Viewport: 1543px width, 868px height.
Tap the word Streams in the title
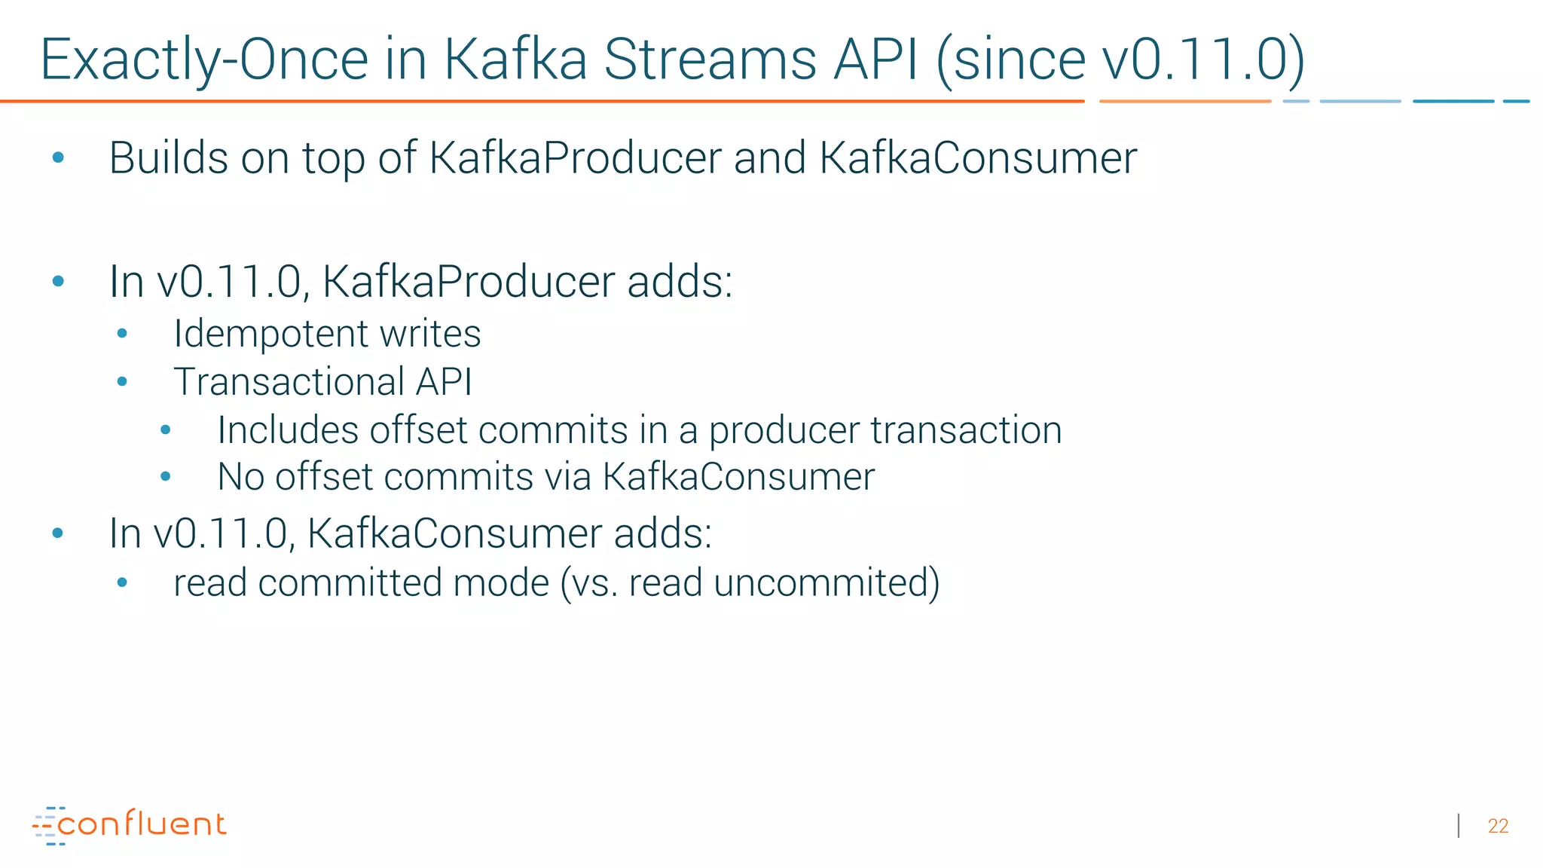click(710, 60)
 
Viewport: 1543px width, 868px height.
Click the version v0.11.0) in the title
click(1202, 60)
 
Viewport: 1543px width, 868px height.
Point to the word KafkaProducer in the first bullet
click(575, 158)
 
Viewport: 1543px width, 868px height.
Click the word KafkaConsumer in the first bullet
click(977, 158)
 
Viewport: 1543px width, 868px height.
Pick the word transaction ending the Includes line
click(966, 430)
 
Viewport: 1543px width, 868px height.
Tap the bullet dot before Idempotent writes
click(123, 334)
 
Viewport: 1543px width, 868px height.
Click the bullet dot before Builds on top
click(58, 158)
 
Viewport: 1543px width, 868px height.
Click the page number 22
click(1498, 826)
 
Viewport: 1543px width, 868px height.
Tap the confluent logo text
click(142, 824)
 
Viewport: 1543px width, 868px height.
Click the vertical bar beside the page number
click(1459, 826)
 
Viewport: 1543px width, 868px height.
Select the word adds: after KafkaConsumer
click(662, 533)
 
